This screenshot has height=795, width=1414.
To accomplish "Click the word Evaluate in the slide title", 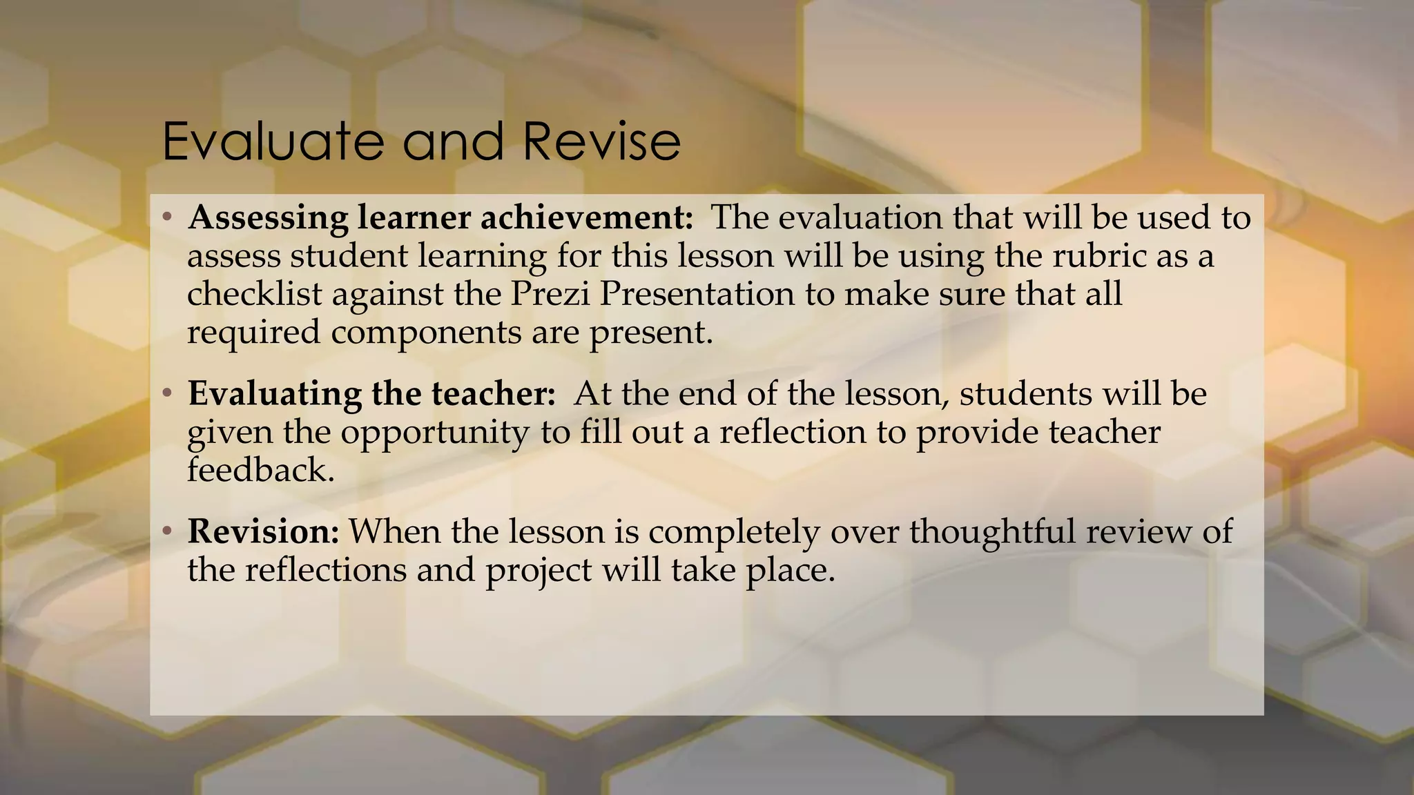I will pyautogui.click(x=272, y=141).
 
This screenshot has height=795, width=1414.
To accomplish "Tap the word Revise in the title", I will pyautogui.click(x=601, y=141).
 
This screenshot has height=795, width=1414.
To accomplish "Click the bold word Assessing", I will pyautogui.click(x=268, y=219).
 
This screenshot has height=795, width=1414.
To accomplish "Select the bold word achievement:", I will pyautogui.click(x=586, y=217).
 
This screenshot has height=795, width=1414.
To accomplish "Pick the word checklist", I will pyautogui.click(x=253, y=294).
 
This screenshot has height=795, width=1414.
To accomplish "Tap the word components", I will pyautogui.click(x=426, y=333).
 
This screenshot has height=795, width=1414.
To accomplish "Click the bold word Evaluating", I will pyautogui.click(x=273, y=395).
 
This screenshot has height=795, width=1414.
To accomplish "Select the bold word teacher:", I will pyautogui.click(x=493, y=393).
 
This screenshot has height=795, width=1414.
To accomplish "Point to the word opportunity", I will pyautogui.click(x=435, y=433).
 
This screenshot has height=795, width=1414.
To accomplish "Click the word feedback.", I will pyautogui.click(x=260, y=471).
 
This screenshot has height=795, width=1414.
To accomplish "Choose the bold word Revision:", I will pyautogui.click(x=263, y=531).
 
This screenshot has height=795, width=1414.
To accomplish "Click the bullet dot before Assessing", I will pyautogui.click(x=166, y=219).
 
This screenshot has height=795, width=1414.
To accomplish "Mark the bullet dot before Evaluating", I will pyautogui.click(x=166, y=395).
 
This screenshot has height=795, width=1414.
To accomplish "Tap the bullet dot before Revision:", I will pyautogui.click(x=166, y=532).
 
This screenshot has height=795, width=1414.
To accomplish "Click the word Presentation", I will pyautogui.click(x=697, y=294).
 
